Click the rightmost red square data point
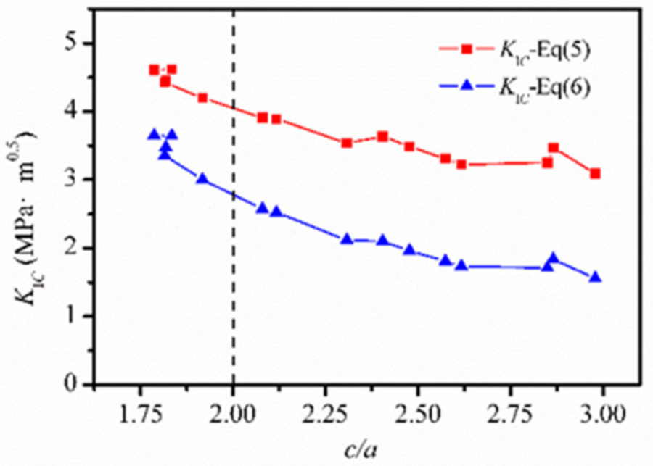pyautogui.click(x=595, y=173)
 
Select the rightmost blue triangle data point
pyautogui.click(x=595, y=277)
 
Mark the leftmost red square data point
pyautogui.click(x=154, y=70)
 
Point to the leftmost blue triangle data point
pyautogui.click(x=154, y=134)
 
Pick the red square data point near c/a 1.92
pyautogui.click(x=202, y=98)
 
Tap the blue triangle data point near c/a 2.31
pyautogui.click(x=347, y=238)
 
